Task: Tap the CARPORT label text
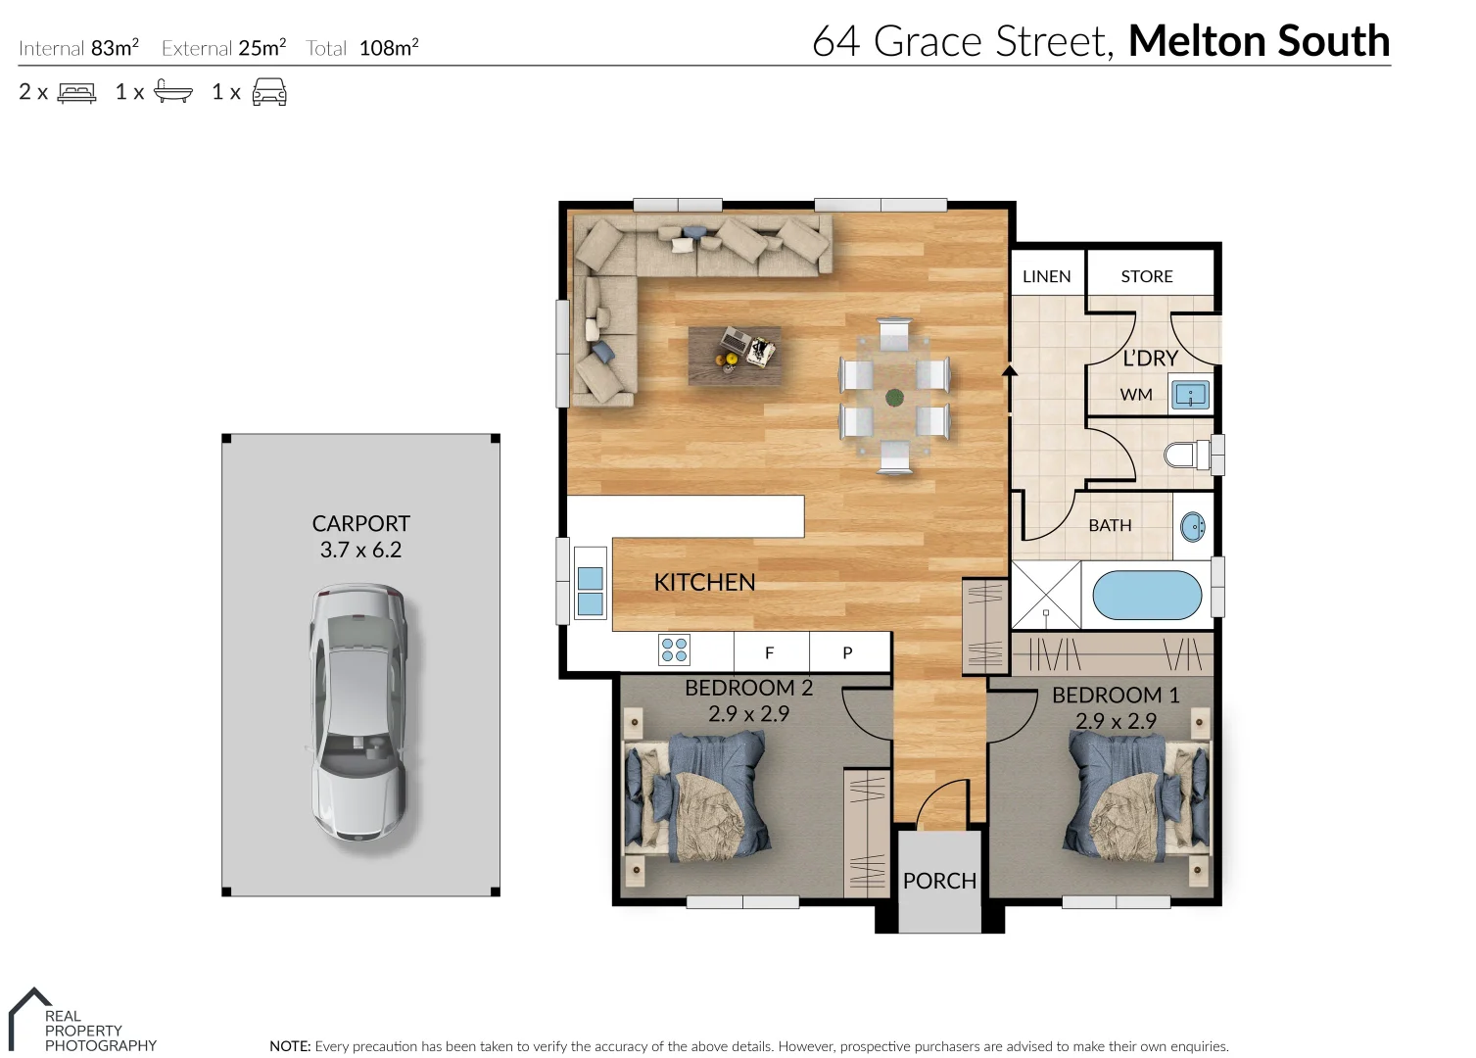pos(360,524)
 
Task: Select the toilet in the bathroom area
pos(1188,455)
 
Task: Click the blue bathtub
pos(1146,595)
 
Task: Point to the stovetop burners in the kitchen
pos(675,649)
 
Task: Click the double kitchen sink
pos(591,590)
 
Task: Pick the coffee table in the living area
pos(735,355)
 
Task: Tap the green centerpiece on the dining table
pos(894,397)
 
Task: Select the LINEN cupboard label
pos(1046,276)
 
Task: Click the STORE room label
pos(1146,276)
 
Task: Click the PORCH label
pos(939,881)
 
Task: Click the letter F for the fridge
pos(770,652)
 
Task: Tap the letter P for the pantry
pos(847,652)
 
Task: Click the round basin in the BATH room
pos(1193,527)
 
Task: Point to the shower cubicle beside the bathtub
pos(1045,595)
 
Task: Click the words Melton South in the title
pos(1259,41)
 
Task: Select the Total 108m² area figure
pos(362,48)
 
